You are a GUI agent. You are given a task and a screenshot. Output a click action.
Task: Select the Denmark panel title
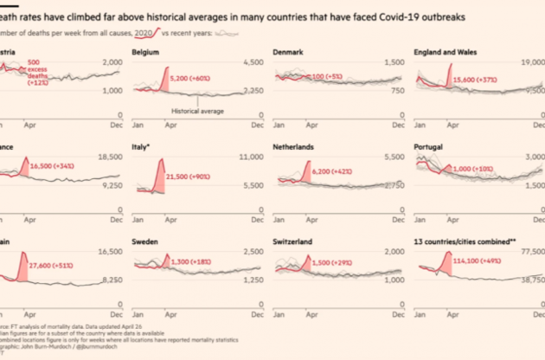pyautogui.click(x=288, y=53)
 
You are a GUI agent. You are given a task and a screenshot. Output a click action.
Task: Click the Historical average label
pyautogui.click(x=198, y=112)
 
